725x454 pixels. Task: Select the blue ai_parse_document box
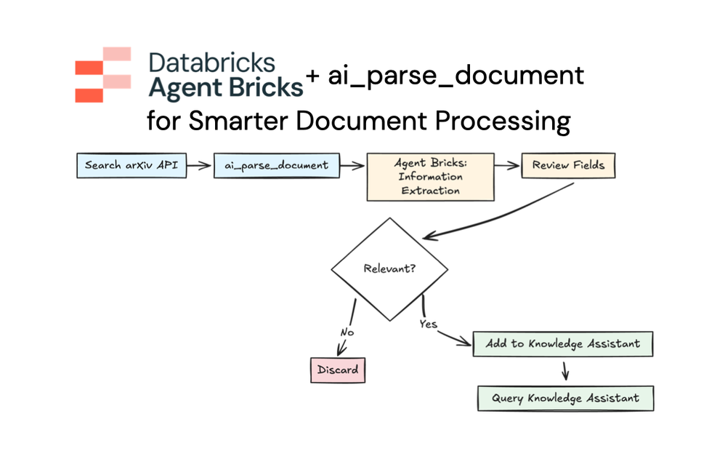276,166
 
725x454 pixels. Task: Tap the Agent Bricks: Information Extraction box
430,177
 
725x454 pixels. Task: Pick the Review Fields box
568,166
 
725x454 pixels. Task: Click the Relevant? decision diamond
389,268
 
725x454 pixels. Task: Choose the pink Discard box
337,370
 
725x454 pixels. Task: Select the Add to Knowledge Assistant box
563,343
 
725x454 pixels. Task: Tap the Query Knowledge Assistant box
565,399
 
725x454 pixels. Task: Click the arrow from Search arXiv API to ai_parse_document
200,166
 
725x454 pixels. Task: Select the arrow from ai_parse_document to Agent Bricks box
352,166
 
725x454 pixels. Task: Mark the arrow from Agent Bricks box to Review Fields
508,166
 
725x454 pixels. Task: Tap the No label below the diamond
347,332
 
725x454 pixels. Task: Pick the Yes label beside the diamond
429,324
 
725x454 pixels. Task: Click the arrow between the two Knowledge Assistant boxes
565,371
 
